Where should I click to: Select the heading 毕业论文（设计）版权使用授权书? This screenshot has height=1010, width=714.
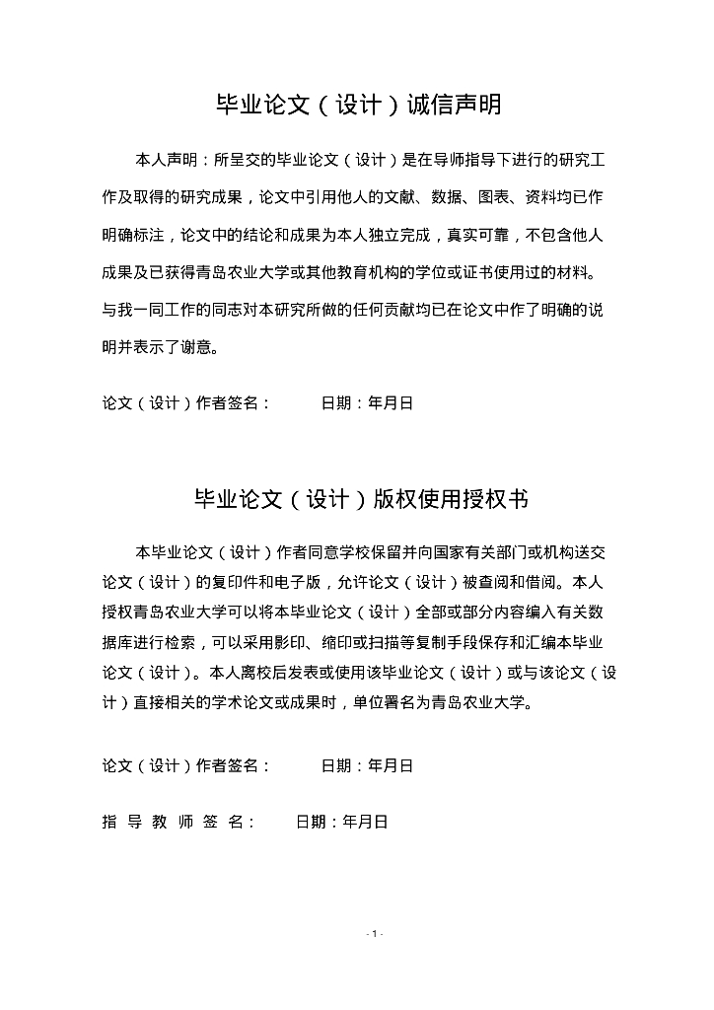(357, 500)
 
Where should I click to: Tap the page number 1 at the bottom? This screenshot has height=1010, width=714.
(375, 933)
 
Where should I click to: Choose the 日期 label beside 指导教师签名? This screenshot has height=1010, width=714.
(313, 822)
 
